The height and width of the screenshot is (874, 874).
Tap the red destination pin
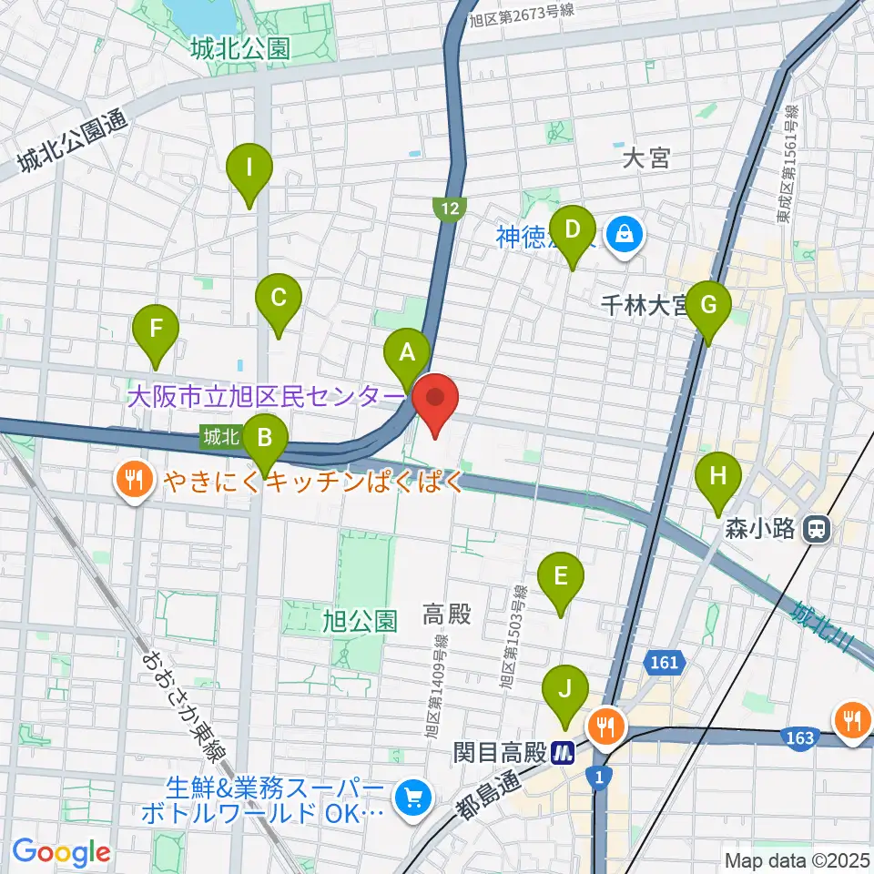435,401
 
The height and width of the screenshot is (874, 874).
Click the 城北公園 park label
240,49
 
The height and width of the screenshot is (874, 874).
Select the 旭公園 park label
361,622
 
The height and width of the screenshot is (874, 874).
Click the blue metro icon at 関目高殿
565,752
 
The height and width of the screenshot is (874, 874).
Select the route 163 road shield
800,737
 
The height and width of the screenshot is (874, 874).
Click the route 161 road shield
665,661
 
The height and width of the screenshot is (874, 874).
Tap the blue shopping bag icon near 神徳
626,236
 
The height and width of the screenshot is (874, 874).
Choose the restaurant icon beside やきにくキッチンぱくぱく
136,480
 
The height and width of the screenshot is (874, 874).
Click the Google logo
61,852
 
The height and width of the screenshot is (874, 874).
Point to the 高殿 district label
447,615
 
